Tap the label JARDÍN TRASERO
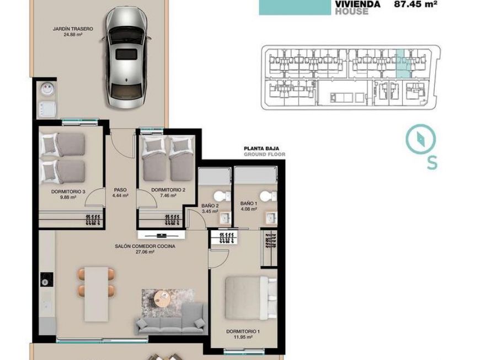[x=72, y=28]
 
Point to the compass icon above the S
[x=420, y=139]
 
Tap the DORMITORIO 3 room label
[x=68, y=192]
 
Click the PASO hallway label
[x=120, y=190]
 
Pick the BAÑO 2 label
[x=210, y=206]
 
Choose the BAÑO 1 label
[x=249, y=204]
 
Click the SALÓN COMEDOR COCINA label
[x=145, y=246]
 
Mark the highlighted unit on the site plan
[x=403, y=65]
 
